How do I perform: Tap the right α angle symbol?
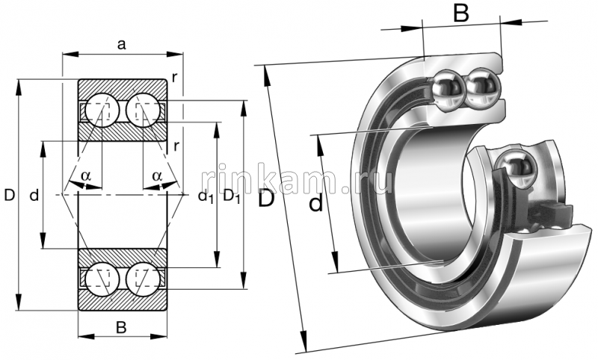157,176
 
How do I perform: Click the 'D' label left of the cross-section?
9,196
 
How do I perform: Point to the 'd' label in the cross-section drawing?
34,196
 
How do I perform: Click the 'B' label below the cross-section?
121,326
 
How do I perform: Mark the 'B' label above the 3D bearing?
461,12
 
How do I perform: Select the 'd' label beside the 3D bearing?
316,202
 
